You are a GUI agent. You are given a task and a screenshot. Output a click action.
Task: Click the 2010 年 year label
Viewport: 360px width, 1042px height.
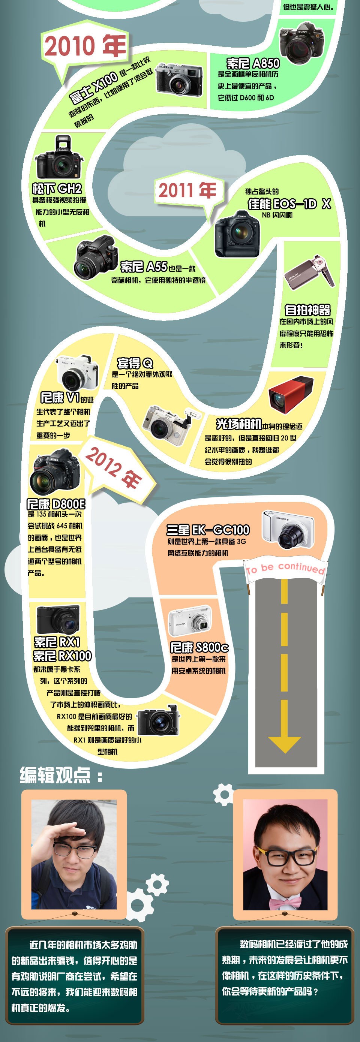pos(85,46)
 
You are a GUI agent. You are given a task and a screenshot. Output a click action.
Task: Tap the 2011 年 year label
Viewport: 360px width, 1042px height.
pos(187,190)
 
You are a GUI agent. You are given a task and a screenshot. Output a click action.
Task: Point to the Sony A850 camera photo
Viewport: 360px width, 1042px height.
pos(302,45)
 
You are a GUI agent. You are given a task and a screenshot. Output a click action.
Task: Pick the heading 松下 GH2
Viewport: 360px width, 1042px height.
pos(57,189)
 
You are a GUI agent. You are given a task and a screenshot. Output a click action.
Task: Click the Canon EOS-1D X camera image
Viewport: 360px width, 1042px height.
pos(237,234)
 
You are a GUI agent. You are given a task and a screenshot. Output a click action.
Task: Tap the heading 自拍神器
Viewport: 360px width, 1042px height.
pos(307,310)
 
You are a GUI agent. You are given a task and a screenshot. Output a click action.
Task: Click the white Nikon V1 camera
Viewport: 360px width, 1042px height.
pos(77,372)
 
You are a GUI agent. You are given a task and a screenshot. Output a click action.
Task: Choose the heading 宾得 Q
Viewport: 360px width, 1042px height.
pos(135,363)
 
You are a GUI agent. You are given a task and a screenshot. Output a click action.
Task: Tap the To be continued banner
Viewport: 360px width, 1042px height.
pos(285,568)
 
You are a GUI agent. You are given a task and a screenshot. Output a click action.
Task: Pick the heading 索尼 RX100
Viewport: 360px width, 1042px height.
pos(62,656)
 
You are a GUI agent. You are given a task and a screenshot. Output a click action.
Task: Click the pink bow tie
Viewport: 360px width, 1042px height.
pos(286,903)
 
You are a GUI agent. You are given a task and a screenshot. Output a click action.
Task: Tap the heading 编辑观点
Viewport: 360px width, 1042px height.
pos(61,775)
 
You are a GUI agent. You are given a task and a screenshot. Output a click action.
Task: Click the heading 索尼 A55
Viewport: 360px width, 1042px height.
pos(144,266)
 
